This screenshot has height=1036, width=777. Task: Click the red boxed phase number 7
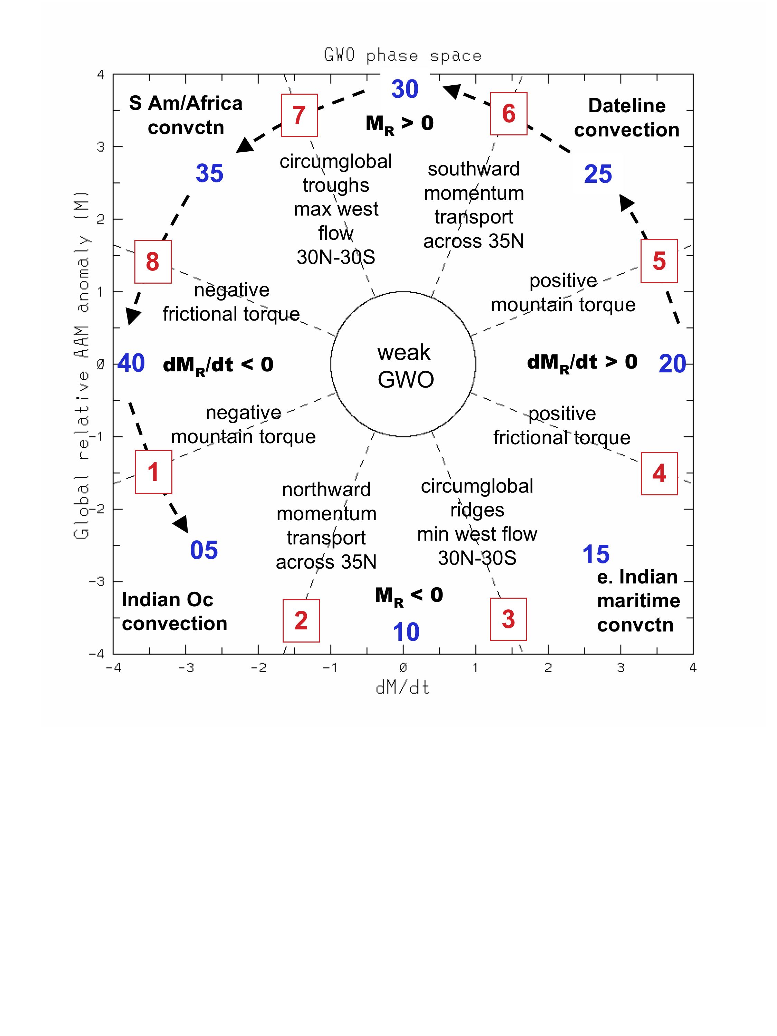pos(299,115)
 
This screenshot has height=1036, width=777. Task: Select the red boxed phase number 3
pos(508,619)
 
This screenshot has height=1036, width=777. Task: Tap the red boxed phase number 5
pos(659,261)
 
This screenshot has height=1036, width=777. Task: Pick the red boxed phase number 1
pos(154,472)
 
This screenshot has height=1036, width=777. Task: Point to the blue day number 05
pos(204,550)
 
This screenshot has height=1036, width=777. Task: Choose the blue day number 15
pos(596,554)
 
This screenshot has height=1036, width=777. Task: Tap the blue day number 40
pos(131,363)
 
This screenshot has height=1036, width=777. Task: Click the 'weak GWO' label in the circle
pos(405,366)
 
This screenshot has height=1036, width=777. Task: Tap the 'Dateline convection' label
pos(627,117)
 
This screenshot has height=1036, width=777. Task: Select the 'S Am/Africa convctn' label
pos(186,115)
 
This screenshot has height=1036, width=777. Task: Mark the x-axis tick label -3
pos(186,667)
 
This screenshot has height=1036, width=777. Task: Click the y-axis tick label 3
pos(100,146)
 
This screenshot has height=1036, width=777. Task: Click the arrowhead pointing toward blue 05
pos(181,524)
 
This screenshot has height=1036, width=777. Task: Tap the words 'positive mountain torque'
pos(563,293)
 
